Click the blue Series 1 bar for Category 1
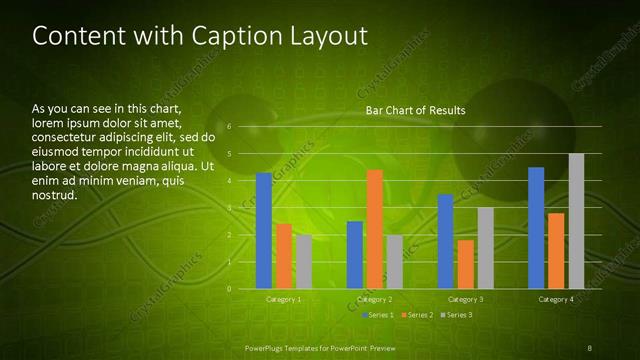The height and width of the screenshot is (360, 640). [264, 231]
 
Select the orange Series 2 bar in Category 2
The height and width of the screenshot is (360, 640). [374, 229]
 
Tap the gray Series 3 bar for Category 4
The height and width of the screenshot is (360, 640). [576, 221]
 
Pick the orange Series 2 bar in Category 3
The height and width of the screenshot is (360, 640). [465, 264]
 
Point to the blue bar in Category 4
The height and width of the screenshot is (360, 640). [536, 228]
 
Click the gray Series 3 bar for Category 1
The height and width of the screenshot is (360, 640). [303, 262]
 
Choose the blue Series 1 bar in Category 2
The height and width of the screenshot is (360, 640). [355, 255]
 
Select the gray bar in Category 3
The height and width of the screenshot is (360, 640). [485, 248]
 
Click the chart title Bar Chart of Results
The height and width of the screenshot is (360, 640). [415, 110]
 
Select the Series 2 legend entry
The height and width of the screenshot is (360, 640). [415, 315]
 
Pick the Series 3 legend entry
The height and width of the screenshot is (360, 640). [456, 315]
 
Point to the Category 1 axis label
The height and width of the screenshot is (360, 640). [284, 299]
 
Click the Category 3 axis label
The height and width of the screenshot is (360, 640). [465, 299]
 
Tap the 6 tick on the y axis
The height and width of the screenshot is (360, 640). [229, 127]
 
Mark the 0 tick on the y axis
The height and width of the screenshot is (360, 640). [229, 289]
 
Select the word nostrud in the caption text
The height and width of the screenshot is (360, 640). [55, 195]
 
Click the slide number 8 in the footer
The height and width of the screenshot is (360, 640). [590, 347]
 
